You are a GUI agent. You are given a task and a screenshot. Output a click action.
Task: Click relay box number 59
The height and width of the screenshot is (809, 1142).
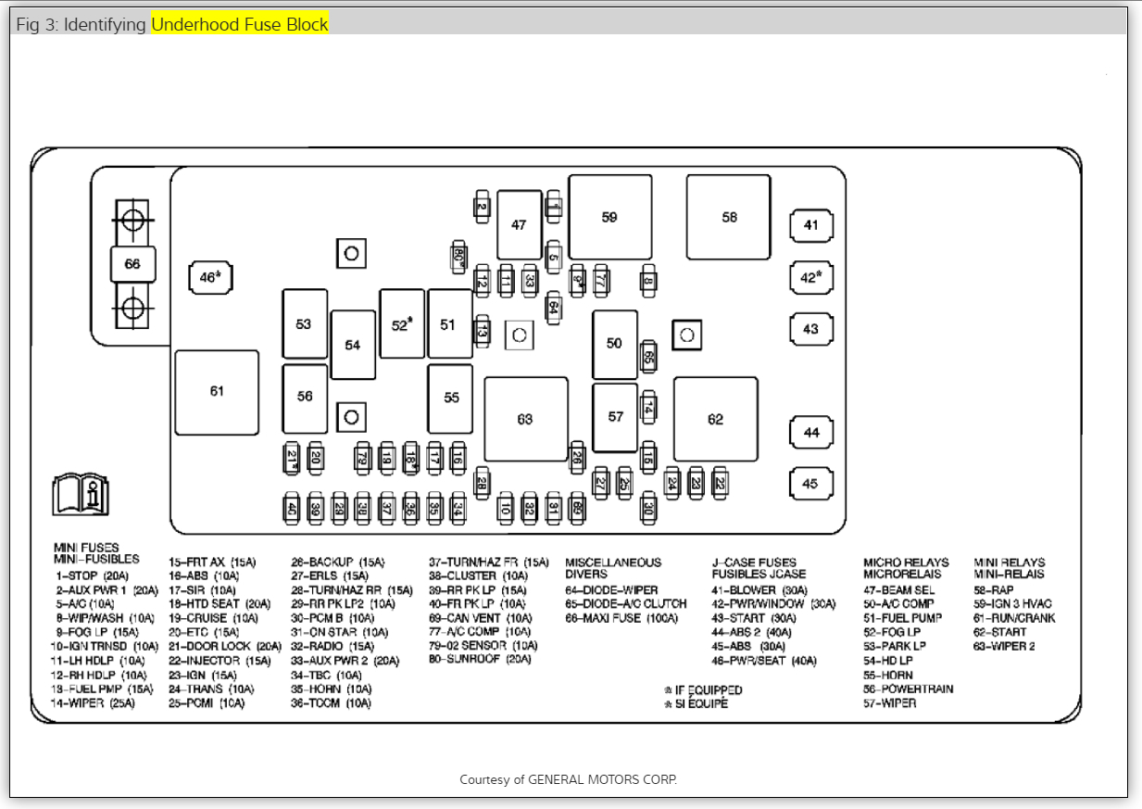point(609,217)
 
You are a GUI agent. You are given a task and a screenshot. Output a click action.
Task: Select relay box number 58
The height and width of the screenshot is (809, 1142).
point(728,217)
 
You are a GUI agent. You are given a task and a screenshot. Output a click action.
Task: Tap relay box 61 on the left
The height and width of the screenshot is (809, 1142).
point(217,391)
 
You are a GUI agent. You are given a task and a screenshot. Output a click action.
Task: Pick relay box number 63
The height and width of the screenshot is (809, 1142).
point(525,419)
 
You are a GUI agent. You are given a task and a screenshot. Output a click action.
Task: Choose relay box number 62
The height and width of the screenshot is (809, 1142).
point(715,419)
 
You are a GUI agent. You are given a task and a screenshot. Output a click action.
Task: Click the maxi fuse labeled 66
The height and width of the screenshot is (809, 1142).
point(132,264)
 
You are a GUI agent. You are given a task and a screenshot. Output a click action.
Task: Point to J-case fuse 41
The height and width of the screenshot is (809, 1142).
point(810,225)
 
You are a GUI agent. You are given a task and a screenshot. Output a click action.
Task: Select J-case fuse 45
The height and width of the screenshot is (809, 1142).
point(810,484)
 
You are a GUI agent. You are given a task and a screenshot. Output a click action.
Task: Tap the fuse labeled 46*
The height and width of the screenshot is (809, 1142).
point(210,276)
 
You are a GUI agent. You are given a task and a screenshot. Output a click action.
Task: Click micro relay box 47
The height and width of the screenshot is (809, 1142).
point(519,225)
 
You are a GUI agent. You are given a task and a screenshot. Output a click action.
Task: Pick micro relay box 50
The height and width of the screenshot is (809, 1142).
point(614,344)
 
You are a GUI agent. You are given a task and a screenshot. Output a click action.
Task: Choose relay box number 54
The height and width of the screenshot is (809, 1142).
point(353,345)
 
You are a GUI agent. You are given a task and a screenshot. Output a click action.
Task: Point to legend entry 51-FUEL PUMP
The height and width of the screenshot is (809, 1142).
point(902,618)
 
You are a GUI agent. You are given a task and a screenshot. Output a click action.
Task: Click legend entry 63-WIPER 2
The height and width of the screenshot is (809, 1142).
point(1004,646)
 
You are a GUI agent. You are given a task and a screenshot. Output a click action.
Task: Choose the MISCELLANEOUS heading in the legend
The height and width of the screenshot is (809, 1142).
point(613,562)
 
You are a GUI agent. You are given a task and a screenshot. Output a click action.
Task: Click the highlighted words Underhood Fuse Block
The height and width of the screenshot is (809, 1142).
point(240,24)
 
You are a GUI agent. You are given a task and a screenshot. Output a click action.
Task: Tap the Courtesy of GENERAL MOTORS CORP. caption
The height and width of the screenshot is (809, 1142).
point(569,779)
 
